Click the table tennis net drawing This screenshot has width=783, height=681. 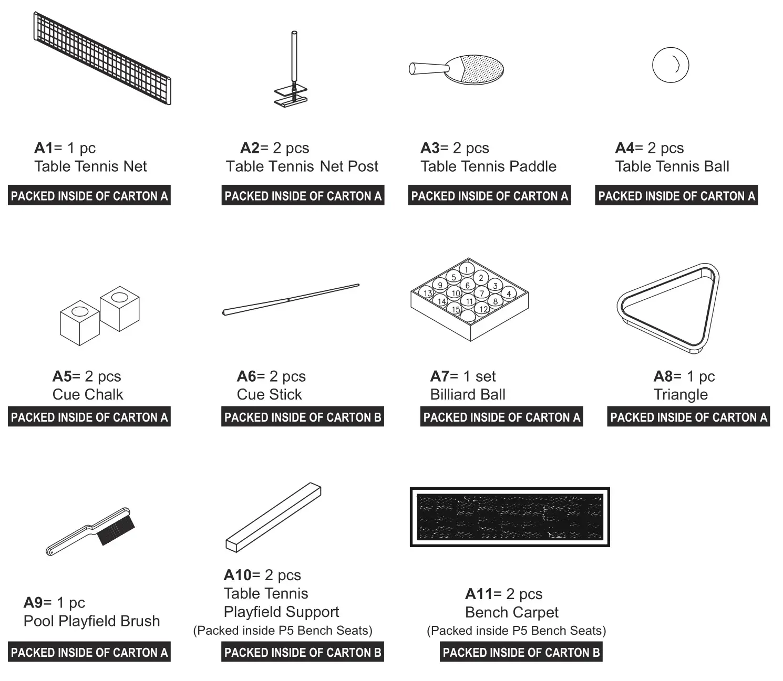(x=102, y=58)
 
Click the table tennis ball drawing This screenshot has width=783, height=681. (x=670, y=65)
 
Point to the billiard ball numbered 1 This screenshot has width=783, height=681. (x=466, y=269)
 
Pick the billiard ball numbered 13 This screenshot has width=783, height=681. (x=428, y=294)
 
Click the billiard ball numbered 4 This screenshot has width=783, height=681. (x=508, y=294)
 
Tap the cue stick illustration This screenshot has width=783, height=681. (x=291, y=300)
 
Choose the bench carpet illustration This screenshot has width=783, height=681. (x=509, y=517)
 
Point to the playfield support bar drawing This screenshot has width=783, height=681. (x=273, y=517)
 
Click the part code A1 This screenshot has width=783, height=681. (x=44, y=148)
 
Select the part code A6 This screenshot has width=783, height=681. (x=246, y=376)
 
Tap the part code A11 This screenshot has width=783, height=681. (x=478, y=594)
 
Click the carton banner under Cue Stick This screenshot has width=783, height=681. (x=302, y=417)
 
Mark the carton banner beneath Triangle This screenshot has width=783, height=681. (x=688, y=417)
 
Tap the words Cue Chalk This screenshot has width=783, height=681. (x=88, y=395)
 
